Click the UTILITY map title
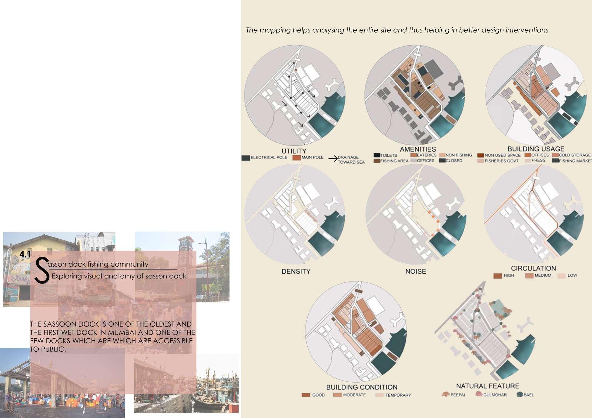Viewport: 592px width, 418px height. (294, 151)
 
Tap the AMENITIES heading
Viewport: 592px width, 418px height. (418, 149)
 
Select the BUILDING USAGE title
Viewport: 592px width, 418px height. (536, 149)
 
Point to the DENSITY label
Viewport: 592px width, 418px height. (296, 271)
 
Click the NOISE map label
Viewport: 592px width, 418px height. (416, 271)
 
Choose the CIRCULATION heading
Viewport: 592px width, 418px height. (533, 268)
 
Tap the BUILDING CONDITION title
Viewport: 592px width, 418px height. (362, 387)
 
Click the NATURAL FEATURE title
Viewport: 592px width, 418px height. (487, 386)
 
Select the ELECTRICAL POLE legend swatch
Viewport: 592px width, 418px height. (246, 158)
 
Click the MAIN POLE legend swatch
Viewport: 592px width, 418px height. (297, 158)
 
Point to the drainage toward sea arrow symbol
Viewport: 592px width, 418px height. (333, 159)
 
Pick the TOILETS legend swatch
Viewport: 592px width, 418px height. (377, 155)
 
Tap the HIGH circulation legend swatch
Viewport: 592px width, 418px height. (498, 276)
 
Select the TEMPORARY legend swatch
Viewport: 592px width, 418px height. (379, 395)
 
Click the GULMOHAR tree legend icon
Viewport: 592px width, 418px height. (479, 394)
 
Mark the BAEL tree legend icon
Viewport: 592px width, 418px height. (520, 394)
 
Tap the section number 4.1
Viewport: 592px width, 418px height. (25, 255)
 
